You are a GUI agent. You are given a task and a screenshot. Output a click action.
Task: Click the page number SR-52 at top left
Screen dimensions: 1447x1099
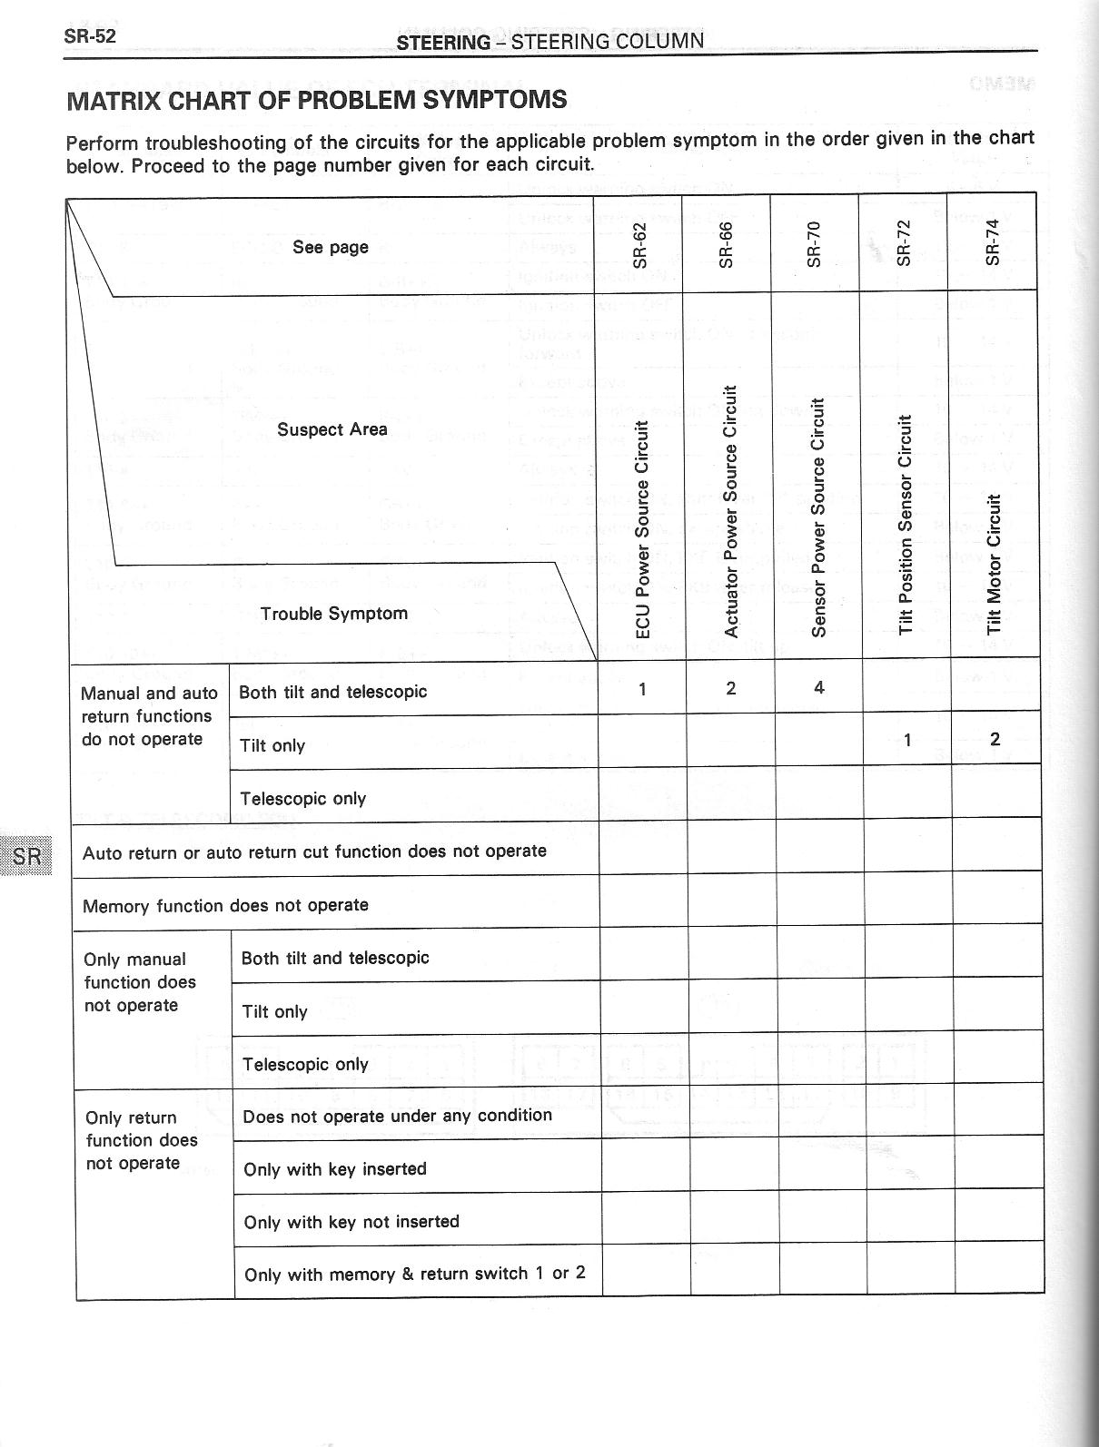pos(90,37)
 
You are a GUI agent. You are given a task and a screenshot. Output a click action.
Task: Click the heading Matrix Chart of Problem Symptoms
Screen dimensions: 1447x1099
pos(317,100)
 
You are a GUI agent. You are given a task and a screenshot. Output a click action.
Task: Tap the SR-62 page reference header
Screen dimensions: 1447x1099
pos(639,244)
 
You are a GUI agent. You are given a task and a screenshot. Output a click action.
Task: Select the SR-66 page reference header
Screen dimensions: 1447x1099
pos(726,244)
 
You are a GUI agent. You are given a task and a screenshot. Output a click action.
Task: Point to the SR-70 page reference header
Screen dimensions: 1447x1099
pos(814,243)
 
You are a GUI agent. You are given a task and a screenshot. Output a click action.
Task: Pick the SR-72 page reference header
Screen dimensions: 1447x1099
pos(903,243)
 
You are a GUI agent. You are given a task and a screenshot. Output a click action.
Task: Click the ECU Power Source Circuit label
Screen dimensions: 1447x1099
pos(642,529)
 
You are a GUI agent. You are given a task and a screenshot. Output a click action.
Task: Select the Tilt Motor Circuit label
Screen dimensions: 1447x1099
pos(994,564)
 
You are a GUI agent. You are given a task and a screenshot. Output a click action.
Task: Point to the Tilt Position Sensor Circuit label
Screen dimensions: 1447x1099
pos(905,525)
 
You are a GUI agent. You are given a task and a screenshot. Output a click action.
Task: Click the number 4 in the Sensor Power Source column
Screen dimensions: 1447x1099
pos(818,687)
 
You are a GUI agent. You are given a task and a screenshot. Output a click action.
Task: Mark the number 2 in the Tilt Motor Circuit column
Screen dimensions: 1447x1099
pos(995,739)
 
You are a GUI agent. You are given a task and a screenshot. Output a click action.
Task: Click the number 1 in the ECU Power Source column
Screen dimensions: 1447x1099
pos(642,689)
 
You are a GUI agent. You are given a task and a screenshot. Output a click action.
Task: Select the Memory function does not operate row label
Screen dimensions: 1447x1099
pos(225,905)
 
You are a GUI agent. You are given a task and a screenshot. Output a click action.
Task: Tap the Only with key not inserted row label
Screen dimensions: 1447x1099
pos(351,1221)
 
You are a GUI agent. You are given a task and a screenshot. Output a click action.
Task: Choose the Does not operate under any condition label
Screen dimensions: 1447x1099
pos(397,1115)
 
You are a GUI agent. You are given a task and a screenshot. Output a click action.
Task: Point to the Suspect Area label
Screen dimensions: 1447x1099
pos(332,429)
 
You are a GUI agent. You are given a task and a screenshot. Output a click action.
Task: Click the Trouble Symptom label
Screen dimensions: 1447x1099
pos(333,614)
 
